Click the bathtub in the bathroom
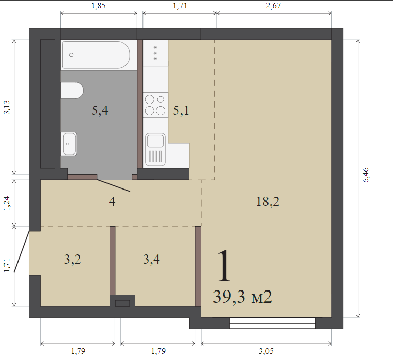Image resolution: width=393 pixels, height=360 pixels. point(96,55)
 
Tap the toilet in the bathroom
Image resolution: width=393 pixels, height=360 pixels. point(72,90)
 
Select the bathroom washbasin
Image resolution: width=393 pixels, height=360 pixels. point(69,144)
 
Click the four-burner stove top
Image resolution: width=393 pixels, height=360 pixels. point(155,105)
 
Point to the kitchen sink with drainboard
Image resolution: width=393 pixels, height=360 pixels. point(155,149)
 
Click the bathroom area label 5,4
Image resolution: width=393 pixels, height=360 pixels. point(100,110)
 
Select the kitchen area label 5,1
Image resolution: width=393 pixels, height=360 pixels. point(181,110)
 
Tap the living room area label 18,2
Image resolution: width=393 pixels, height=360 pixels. point(267,201)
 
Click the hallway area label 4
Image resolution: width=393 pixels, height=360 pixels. point(112,201)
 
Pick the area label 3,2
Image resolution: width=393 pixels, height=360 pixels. point(73,259)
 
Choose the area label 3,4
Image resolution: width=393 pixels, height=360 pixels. point(151,259)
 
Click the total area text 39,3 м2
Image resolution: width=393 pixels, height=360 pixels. point(242,297)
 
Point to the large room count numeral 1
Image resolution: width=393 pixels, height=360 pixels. point(224,266)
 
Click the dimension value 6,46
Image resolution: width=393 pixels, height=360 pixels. point(366,175)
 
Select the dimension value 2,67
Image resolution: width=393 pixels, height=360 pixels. point(274,6)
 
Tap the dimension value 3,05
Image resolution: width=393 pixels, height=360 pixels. point(266,351)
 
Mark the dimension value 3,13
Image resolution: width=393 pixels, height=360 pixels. point(7,107)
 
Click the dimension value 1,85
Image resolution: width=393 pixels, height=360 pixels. point(98,6)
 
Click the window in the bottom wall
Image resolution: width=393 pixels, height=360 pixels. point(273,323)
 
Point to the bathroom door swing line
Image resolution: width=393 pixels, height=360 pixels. point(114,185)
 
